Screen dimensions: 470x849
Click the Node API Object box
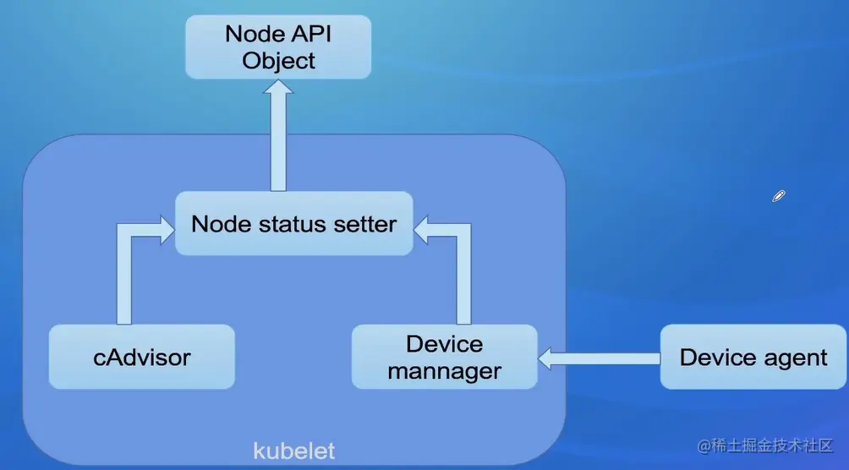pos(278,47)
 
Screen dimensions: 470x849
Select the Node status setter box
pos(293,224)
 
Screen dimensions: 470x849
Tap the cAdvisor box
pos(141,357)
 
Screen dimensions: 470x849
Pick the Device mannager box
pos(444,357)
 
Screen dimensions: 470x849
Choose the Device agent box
pos(753,357)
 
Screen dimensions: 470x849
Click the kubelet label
pos(293,451)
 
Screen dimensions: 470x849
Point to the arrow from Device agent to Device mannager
pos(599,359)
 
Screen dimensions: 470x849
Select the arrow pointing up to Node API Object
pos(278,135)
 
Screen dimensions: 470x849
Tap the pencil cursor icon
pos(779,196)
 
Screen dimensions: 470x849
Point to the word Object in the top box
pos(278,61)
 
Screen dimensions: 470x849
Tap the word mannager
pos(444,371)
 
